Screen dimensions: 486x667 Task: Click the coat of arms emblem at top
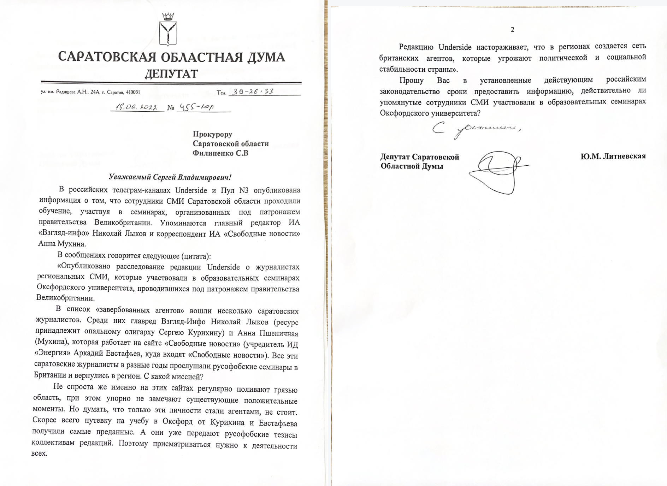168,30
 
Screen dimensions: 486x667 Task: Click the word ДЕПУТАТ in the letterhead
171,73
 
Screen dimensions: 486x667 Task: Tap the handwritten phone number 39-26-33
253,91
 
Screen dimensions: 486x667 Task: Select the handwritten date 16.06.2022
137,107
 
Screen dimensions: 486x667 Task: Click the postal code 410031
133,92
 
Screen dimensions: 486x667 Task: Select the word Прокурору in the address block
212,134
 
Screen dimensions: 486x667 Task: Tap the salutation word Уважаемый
130,177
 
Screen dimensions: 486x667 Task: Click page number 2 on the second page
512,30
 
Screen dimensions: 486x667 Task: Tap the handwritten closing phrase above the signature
476,130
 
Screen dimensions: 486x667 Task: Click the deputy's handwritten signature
498,171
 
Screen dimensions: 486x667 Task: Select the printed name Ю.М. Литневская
613,156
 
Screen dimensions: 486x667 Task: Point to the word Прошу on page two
412,80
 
